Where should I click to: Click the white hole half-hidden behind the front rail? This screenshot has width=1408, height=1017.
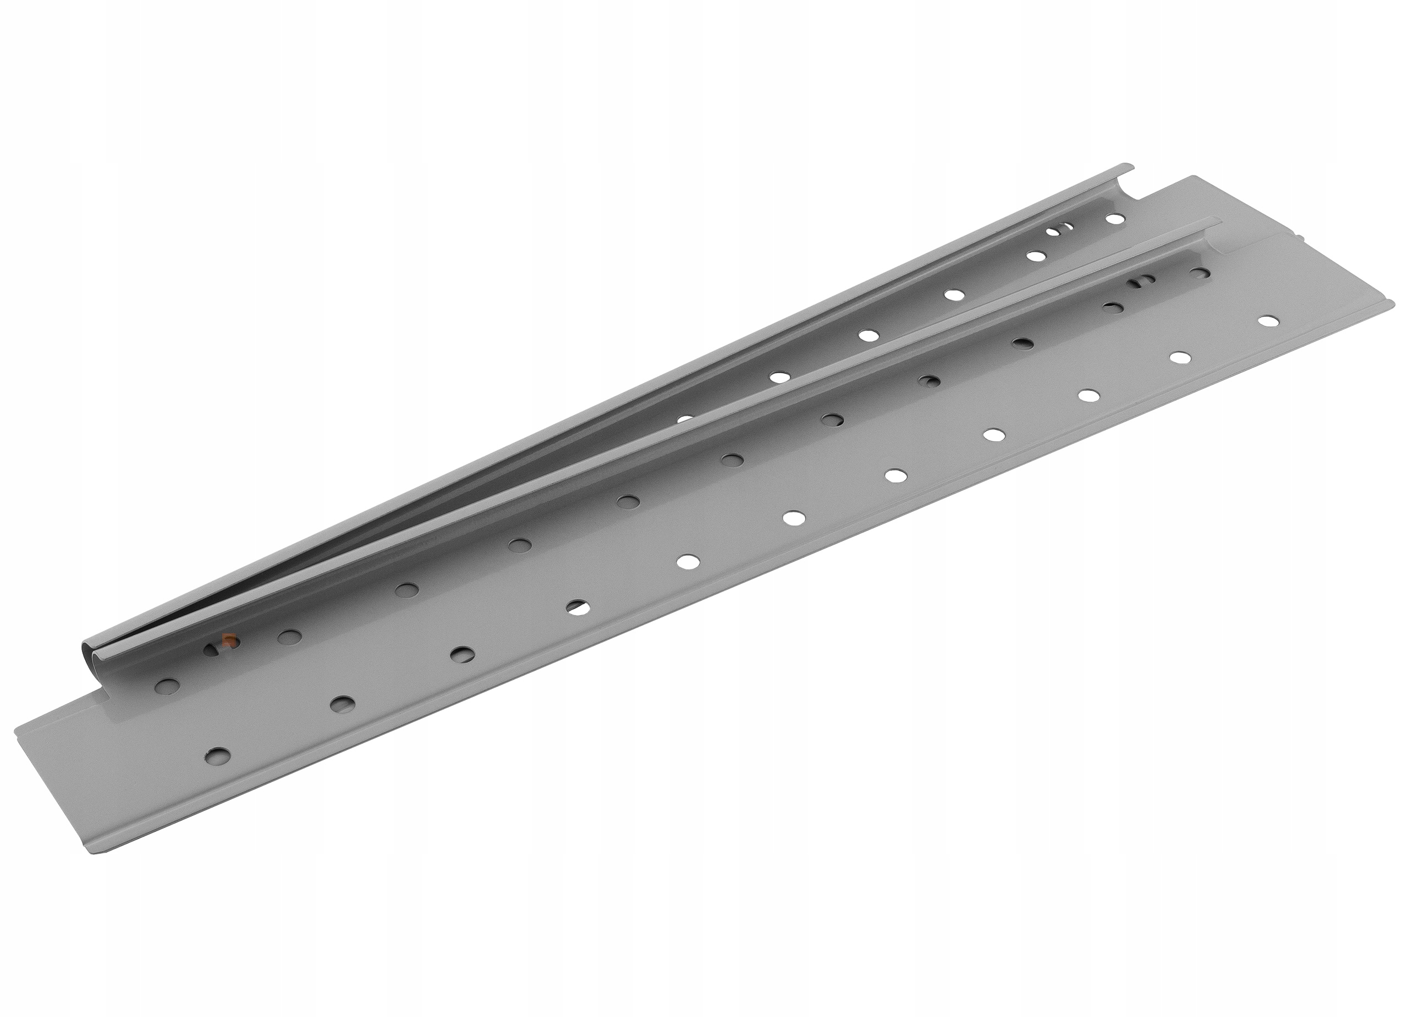[x=684, y=419]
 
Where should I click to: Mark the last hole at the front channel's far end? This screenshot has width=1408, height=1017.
[x=1201, y=273]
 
